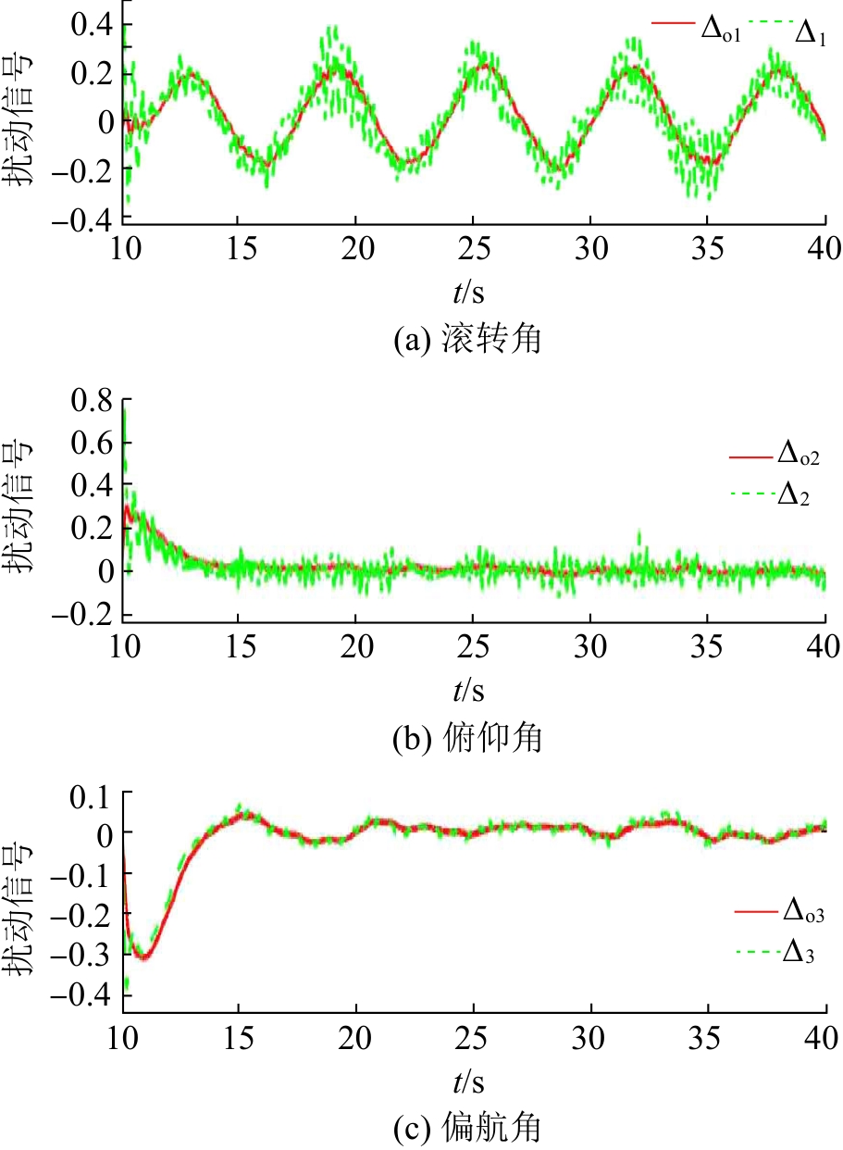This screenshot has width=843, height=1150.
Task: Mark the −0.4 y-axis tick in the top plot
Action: tap(83, 219)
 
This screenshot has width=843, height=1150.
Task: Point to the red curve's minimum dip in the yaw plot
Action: tap(143, 956)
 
